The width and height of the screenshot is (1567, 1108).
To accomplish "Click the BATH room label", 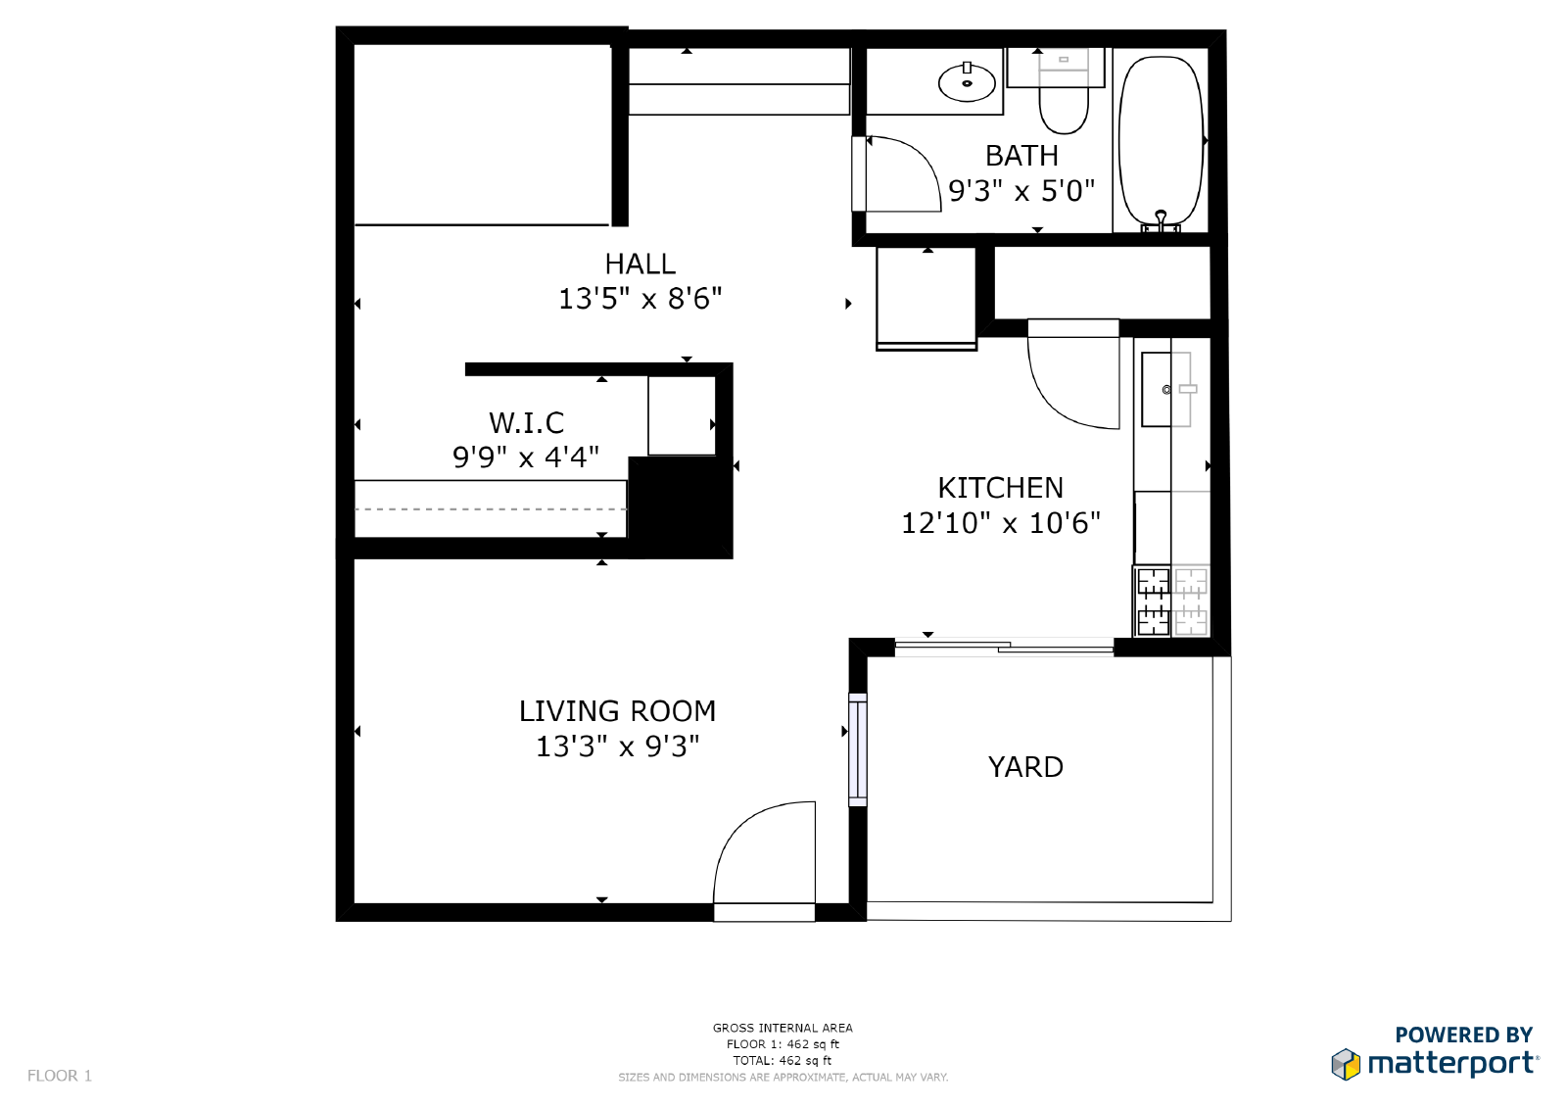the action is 1021,156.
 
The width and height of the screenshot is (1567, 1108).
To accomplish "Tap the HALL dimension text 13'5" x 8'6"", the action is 641,299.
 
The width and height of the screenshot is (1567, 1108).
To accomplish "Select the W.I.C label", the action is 526,423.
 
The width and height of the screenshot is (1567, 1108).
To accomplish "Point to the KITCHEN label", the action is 1000,488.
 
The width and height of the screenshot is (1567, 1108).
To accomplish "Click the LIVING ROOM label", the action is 617,711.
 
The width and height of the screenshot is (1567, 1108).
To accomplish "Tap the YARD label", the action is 1025,767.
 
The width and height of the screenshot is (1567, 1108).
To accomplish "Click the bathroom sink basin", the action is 967,82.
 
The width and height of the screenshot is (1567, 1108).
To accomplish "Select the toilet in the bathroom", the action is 1064,91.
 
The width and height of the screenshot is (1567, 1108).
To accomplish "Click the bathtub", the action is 1162,143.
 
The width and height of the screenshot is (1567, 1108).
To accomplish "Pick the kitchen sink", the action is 1157,389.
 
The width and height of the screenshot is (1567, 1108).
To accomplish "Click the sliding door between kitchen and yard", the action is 1004,647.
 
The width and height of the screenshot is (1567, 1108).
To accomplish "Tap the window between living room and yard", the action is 858,749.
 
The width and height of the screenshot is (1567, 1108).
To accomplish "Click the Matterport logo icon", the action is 1346,1064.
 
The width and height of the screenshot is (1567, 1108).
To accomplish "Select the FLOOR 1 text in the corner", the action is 60,1076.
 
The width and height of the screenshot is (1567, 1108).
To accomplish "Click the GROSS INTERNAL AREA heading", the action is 783,1028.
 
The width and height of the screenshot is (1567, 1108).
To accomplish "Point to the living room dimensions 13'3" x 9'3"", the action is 617,747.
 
